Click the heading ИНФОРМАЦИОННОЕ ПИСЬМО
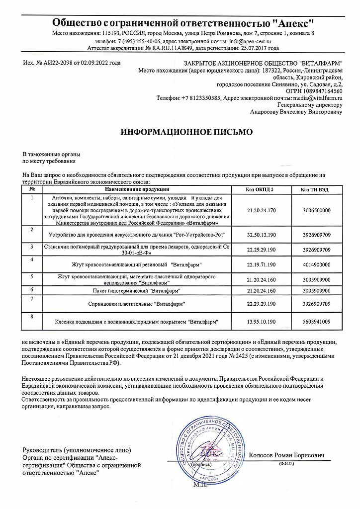[187, 133]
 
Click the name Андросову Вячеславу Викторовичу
[297, 113]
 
